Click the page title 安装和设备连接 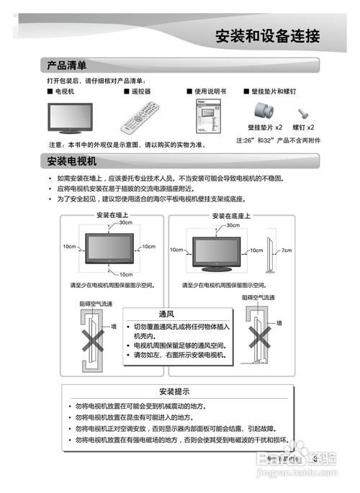click(x=267, y=36)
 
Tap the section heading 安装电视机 click(x=71, y=160)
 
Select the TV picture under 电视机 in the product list click(x=70, y=115)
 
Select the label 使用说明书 click(x=210, y=93)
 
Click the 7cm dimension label click(x=287, y=250)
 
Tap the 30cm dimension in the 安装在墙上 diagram click(x=125, y=223)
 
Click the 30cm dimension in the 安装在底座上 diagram click(x=233, y=225)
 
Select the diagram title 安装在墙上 click(x=112, y=215)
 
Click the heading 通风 click(x=167, y=315)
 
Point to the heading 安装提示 click(x=174, y=392)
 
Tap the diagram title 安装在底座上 click(x=230, y=215)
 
